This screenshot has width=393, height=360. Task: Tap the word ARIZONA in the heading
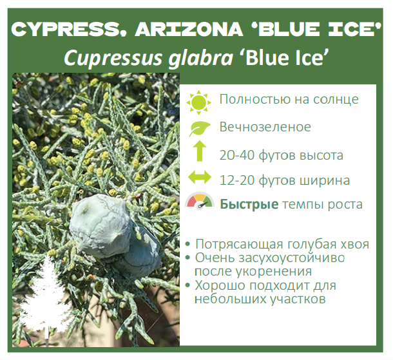tap(189, 29)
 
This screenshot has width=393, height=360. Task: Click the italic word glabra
tap(200, 59)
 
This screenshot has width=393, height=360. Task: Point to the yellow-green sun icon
tap(199, 102)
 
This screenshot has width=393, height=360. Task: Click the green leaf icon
tap(200, 129)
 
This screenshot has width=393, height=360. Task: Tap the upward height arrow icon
tap(200, 151)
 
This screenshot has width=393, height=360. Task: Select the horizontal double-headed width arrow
tap(200, 177)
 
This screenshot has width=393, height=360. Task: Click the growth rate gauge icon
tap(200, 201)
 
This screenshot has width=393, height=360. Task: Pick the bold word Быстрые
tap(249, 204)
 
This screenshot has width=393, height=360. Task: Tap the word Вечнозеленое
tap(265, 127)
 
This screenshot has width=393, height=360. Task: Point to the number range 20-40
tap(237, 155)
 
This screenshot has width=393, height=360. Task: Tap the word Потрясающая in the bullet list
tap(241, 245)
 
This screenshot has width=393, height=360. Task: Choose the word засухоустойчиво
tap(291, 258)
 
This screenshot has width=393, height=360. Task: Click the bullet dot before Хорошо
tap(187, 285)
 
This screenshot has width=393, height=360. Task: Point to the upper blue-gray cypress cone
tap(101, 225)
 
